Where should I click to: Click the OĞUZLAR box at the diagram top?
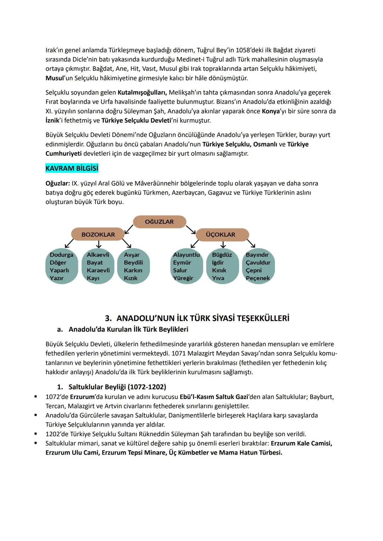(x=159, y=222)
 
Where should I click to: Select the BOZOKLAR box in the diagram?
(x=98, y=235)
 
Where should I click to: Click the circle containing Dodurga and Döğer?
(x=61, y=266)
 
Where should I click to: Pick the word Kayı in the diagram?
(x=93, y=278)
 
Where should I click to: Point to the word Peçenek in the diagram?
(x=258, y=278)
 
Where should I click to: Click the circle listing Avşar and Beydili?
(x=133, y=266)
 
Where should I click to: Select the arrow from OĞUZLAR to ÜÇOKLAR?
(x=191, y=229)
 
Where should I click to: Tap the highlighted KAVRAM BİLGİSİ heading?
(x=72, y=169)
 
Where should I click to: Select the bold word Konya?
(x=271, y=111)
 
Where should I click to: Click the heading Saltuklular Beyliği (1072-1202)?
(x=117, y=387)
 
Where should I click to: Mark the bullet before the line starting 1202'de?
(x=36, y=434)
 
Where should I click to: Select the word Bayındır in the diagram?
(x=257, y=255)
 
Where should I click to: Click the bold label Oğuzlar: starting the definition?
(x=57, y=184)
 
